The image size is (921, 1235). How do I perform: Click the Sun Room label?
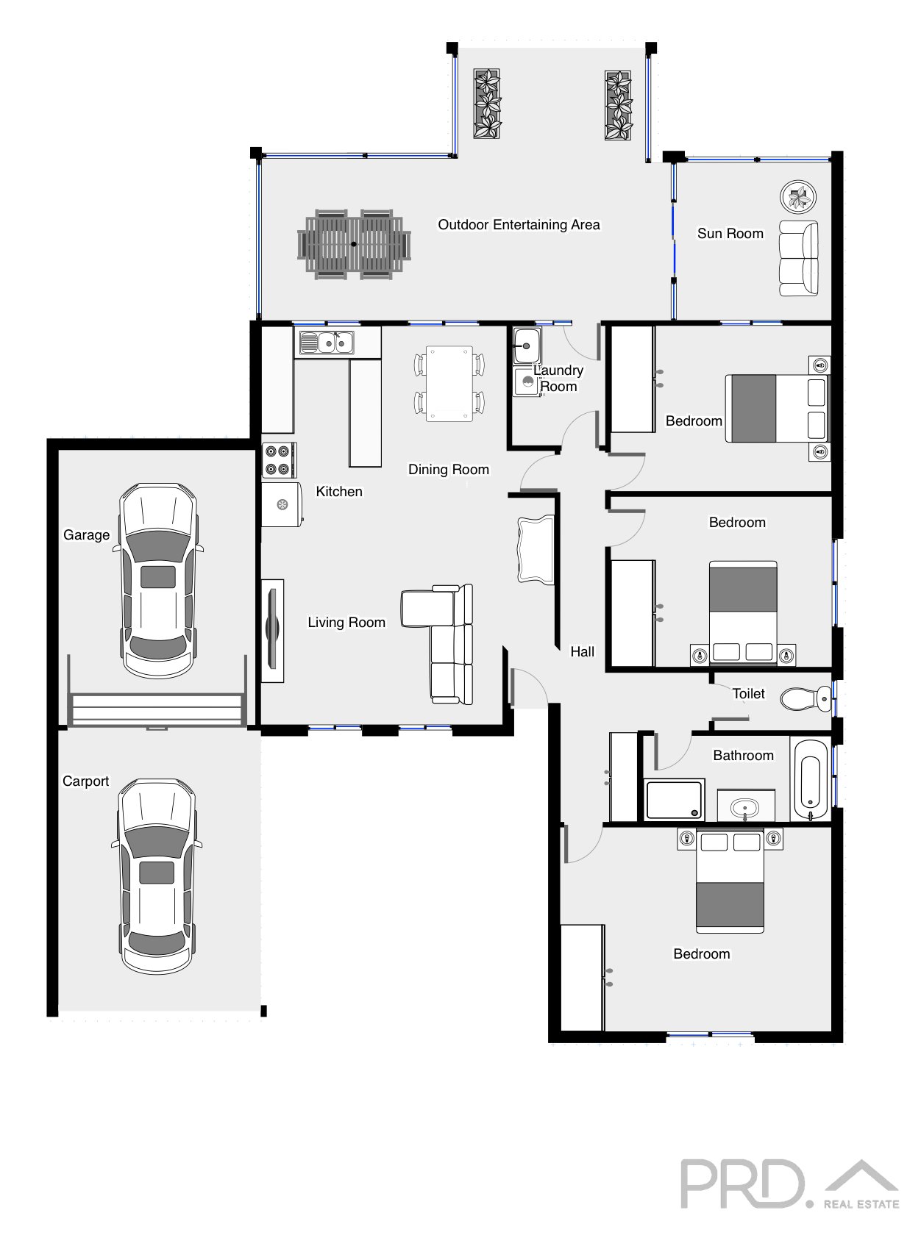tap(730, 234)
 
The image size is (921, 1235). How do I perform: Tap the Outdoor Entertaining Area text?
tap(519, 224)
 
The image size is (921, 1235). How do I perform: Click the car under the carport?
tap(157, 876)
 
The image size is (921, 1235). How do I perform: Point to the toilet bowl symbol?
tap(806, 698)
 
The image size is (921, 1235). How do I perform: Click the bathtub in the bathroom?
tap(809, 779)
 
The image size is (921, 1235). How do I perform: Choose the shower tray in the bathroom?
tap(675, 799)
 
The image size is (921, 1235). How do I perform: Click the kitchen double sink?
tap(327, 343)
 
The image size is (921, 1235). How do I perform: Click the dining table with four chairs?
tap(449, 383)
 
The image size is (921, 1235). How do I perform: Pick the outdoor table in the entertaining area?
tap(354, 244)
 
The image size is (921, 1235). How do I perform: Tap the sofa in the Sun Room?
tap(798, 258)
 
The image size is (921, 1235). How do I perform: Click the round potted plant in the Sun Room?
tap(798, 197)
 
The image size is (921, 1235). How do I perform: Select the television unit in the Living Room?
tap(273, 631)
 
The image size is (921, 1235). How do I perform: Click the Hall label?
tap(582, 651)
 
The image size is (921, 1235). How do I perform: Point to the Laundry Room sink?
tap(527, 345)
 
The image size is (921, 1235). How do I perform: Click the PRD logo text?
tap(743, 1184)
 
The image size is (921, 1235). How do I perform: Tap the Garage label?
tap(86, 534)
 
